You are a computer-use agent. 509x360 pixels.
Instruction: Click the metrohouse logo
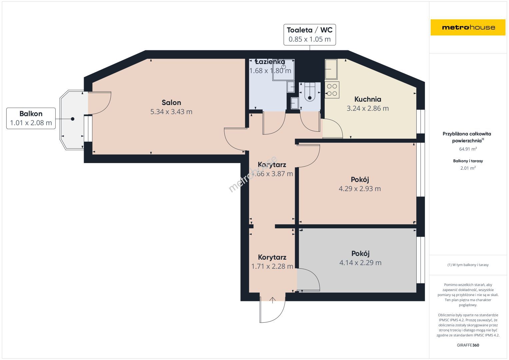click(468, 27)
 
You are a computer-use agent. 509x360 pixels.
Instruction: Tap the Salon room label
click(171, 103)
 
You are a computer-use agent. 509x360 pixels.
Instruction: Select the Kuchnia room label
click(368, 99)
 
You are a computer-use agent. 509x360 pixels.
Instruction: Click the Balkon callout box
click(31, 118)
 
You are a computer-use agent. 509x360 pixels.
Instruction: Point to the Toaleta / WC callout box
click(309, 35)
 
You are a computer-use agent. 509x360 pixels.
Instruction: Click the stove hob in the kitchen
click(332, 90)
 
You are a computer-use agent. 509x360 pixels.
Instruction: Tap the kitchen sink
click(331, 69)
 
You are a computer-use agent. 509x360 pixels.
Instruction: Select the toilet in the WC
click(310, 92)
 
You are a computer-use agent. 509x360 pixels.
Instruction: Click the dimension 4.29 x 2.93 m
click(360, 189)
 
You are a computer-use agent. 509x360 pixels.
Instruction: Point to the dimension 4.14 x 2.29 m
click(360, 263)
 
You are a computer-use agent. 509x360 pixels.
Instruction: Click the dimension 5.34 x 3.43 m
click(171, 112)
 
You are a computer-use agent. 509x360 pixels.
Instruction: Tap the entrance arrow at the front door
click(272, 300)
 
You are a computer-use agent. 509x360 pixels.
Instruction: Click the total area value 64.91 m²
click(468, 149)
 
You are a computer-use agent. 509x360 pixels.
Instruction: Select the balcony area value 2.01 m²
click(468, 168)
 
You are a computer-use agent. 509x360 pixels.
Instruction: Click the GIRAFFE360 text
click(468, 345)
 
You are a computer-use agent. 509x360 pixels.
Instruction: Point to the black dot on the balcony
click(72, 119)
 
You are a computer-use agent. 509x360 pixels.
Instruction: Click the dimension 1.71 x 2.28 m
click(272, 266)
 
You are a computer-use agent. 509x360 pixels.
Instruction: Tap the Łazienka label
click(270, 62)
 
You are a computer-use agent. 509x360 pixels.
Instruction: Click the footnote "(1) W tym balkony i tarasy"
click(468, 265)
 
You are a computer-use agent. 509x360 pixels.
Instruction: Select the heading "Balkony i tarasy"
click(468, 161)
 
